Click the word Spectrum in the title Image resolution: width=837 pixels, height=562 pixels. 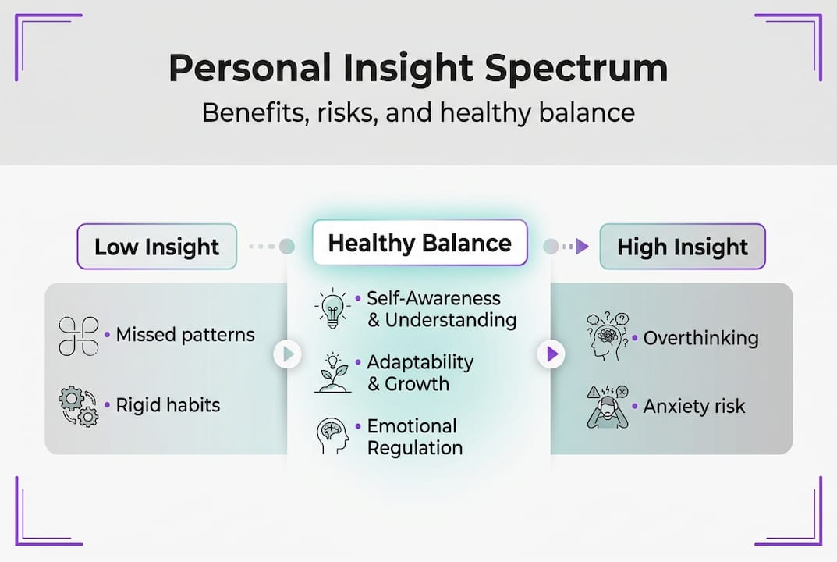pos(576,69)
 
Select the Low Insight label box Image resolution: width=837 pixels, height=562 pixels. pos(157,247)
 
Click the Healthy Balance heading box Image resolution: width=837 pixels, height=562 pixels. pos(420,243)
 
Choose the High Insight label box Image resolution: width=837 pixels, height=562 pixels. pos(683,247)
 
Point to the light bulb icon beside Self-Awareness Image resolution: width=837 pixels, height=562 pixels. pos(332,308)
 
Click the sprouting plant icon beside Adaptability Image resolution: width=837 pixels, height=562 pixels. pos(332,373)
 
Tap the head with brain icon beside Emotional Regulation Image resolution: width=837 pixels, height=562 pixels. pos(332,436)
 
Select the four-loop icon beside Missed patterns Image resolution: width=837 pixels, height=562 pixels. pos(79,336)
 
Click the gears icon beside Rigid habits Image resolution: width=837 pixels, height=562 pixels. pos(79,407)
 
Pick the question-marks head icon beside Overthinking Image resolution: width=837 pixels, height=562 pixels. pos(608,336)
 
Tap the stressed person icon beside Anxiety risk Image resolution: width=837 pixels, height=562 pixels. pos(608,407)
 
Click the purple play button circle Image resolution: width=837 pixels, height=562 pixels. pos(551,354)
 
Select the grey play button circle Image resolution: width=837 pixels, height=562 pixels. pos(288,354)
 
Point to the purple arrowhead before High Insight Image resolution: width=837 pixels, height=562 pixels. pos(583,247)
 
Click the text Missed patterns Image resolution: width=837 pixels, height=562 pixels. pos(185,335)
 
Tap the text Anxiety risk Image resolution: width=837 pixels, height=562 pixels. pos(694,407)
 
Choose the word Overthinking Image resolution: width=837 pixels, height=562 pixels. pos(701,338)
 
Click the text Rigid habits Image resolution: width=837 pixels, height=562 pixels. pos(168,405)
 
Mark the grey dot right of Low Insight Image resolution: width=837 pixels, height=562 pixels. pos(286,247)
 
